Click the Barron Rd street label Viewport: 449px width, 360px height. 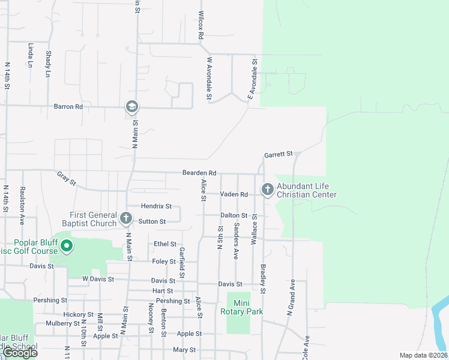coord(68,107)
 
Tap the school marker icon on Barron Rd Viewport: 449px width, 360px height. coord(131,107)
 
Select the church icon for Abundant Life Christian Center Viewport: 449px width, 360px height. coord(267,190)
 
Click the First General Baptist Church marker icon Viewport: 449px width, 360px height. coord(125,219)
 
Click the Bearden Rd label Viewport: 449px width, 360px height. coord(199,173)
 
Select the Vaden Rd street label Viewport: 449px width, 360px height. coord(234,194)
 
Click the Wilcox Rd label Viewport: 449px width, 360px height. coord(202,25)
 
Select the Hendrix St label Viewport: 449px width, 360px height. coord(156,206)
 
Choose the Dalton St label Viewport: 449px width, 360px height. coord(234,215)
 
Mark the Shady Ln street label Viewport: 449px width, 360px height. coord(48,64)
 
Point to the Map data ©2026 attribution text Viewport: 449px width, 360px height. coord(423,355)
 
